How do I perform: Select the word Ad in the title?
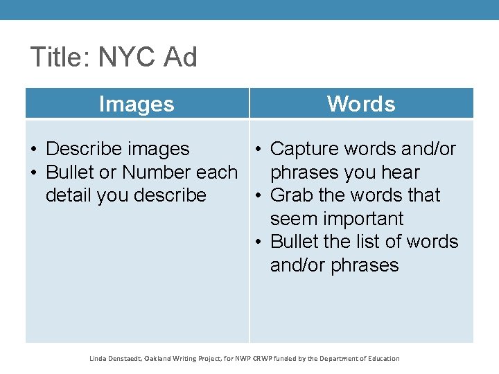(x=180, y=57)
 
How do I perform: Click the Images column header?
(x=137, y=104)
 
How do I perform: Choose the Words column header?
(x=361, y=104)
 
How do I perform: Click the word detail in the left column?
(x=69, y=195)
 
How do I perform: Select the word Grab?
(x=291, y=195)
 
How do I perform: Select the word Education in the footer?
(x=380, y=359)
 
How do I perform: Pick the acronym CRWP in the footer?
(x=262, y=359)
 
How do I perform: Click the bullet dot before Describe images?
(x=34, y=150)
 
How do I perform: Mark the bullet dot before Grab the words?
(x=258, y=196)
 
